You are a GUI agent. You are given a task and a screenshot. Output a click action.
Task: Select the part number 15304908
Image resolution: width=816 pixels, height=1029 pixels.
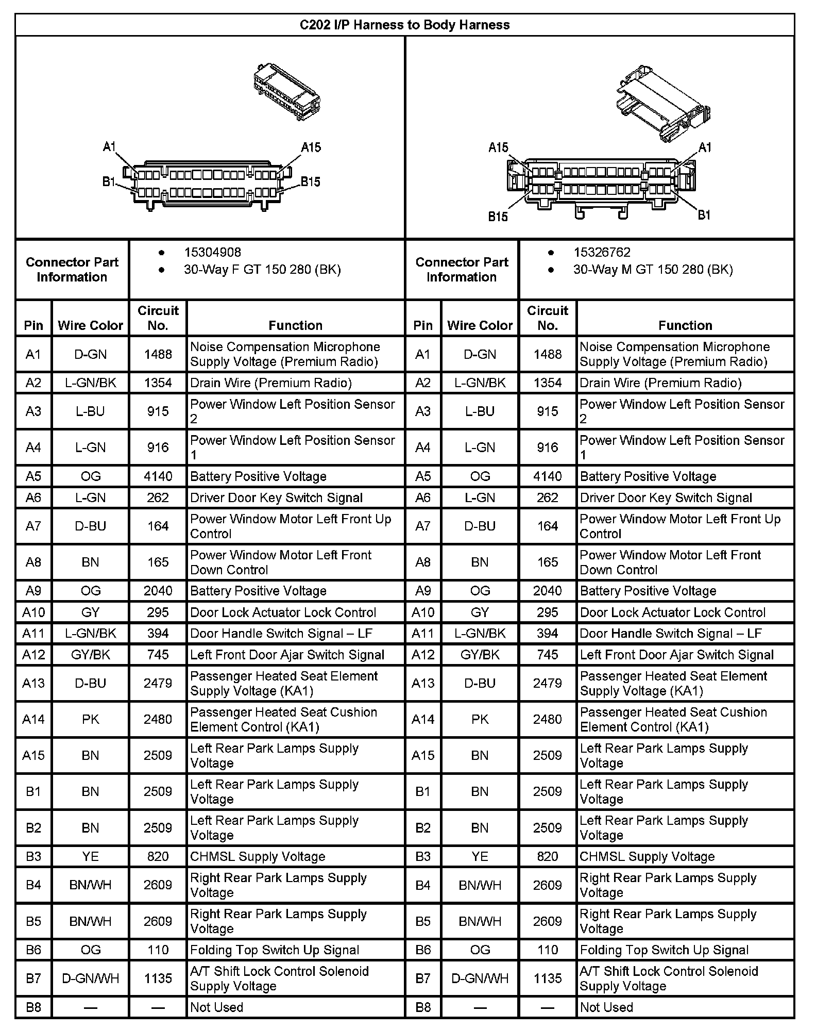212,253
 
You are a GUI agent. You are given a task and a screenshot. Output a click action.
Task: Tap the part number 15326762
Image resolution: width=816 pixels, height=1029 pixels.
602,253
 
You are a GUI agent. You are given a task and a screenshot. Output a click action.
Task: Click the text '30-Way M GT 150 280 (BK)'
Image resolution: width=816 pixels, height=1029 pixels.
653,270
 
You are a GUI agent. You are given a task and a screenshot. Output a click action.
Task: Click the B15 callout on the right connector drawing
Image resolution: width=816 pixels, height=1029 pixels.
498,217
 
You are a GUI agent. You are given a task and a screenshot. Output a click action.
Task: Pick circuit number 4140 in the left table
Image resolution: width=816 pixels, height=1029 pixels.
158,476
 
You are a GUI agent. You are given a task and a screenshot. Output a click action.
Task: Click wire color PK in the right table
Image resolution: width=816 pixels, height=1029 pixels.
480,719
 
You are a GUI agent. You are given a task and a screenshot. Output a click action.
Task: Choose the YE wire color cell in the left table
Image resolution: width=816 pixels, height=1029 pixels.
90,856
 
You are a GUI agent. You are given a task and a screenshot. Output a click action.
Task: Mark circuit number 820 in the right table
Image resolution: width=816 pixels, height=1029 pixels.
547,856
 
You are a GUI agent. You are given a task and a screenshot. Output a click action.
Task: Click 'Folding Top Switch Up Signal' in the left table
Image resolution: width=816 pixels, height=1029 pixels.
275,950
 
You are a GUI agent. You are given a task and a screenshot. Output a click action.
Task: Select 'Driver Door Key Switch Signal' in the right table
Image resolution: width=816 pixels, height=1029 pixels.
666,498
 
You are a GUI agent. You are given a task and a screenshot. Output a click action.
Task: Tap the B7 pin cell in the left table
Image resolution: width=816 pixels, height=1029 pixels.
33,978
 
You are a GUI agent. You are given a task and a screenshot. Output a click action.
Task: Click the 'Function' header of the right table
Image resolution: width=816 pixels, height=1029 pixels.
685,325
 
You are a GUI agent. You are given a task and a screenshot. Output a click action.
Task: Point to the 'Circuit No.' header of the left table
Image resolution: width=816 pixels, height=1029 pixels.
158,318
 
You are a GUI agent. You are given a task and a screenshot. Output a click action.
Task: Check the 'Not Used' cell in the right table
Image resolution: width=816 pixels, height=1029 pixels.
606,1007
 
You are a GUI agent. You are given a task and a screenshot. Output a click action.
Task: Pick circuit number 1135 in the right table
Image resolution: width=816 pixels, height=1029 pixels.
547,978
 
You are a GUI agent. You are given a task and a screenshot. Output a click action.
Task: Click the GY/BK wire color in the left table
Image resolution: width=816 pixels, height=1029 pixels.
90,655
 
